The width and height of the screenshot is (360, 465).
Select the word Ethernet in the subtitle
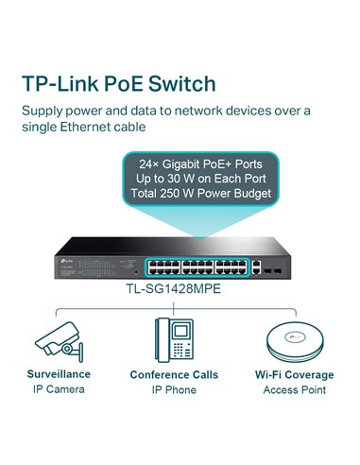coord(105,126)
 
